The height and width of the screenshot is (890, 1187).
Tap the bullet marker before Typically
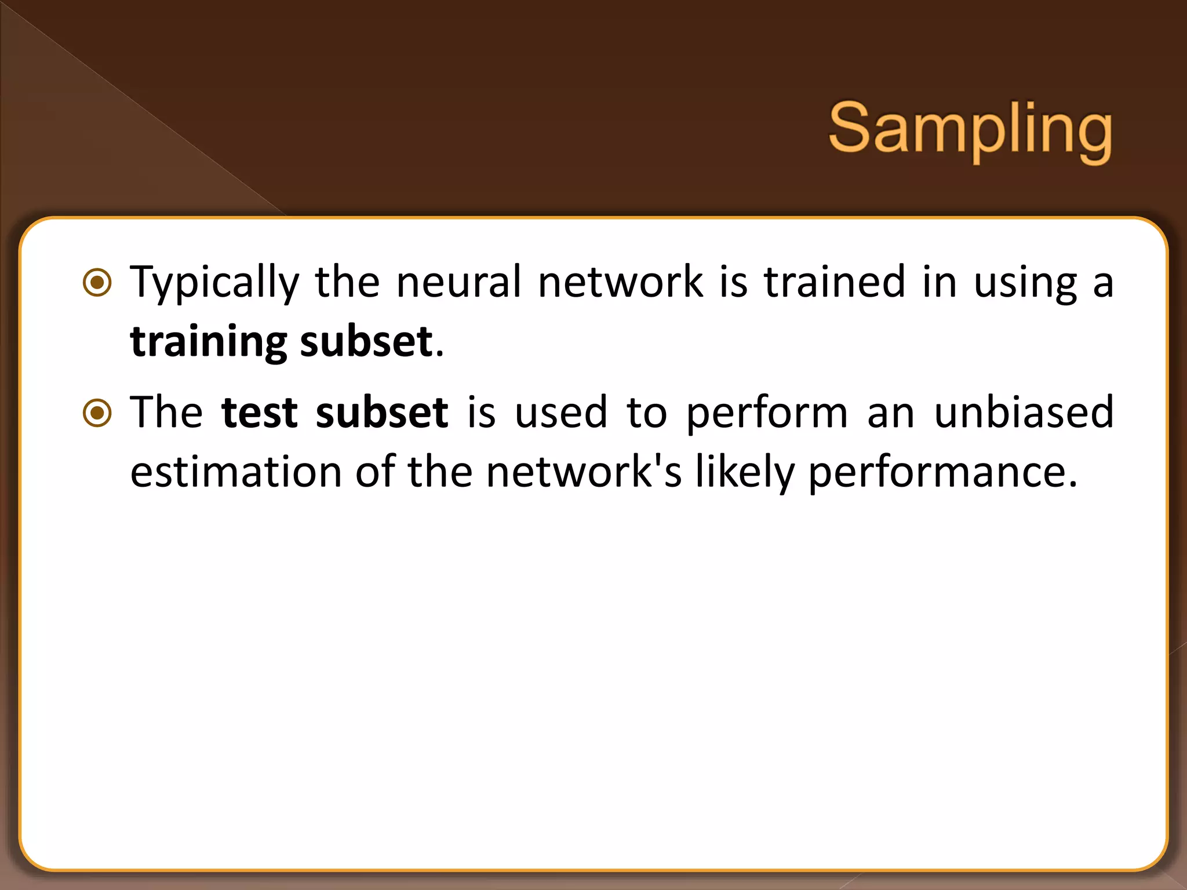coord(97,283)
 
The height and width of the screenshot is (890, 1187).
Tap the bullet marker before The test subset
coord(97,413)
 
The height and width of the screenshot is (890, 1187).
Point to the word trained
coord(834,282)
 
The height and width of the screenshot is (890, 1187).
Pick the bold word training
coord(209,342)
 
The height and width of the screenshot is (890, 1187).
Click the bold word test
coord(259,413)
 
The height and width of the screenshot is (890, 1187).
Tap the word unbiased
coord(1024,413)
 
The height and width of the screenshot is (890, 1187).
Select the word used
coord(560,413)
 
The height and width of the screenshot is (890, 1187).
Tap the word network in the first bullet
coord(620,282)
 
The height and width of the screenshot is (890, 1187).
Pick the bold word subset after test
coord(382,413)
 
